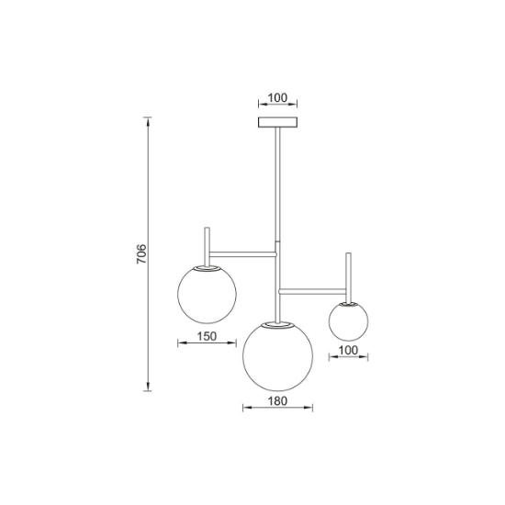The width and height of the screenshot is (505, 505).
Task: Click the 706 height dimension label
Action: [141, 253]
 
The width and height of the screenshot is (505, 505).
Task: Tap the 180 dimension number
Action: [277, 401]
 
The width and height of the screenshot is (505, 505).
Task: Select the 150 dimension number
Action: [207, 336]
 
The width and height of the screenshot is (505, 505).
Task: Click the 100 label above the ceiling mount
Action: [277, 97]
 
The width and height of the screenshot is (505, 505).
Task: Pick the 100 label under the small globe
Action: [349, 350]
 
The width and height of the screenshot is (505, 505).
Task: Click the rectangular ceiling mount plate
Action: [277, 122]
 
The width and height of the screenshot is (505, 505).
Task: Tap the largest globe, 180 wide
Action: [277, 356]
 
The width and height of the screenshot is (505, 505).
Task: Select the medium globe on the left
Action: [207, 294]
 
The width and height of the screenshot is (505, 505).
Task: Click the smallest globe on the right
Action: [349, 321]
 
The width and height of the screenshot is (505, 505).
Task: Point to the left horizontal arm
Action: [243, 254]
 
